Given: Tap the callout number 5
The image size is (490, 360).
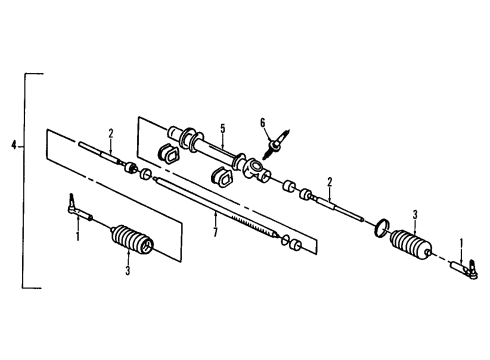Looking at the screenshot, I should tap(224, 128).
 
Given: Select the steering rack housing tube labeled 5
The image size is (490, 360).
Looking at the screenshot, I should tap(215, 156).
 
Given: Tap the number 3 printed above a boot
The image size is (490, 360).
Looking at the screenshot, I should tap(414, 214).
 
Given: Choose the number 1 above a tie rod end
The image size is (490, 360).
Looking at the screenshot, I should tap(461, 242).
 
